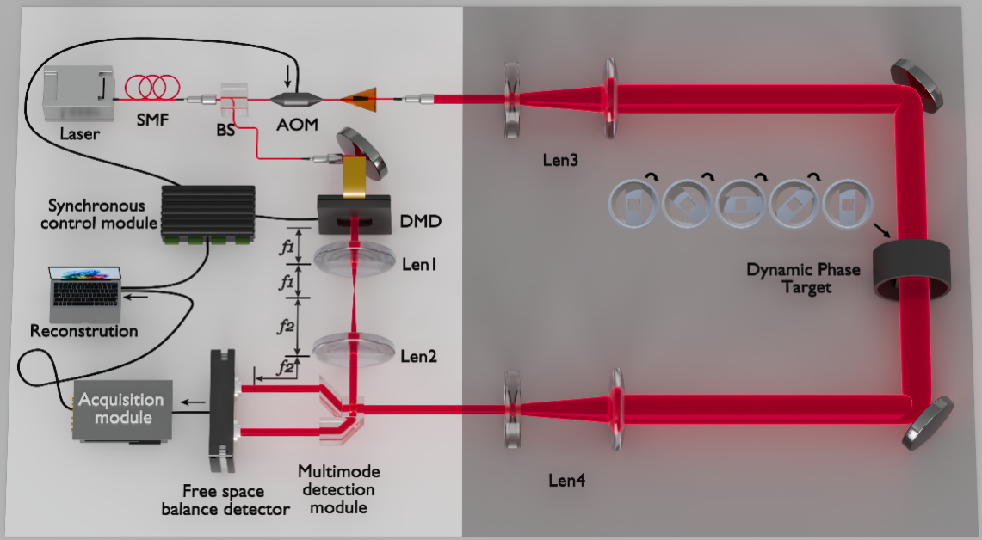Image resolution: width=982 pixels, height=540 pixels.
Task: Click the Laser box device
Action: pyautogui.click(x=78, y=95)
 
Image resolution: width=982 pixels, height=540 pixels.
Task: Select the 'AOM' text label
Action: pyautogui.click(x=297, y=125)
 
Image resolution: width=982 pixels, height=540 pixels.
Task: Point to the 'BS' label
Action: pyautogui.click(x=225, y=130)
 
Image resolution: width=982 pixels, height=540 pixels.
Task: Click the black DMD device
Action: pyautogui.click(x=355, y=215)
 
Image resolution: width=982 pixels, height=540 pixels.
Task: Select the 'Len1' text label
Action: pyautogui.click(x=419, y=265)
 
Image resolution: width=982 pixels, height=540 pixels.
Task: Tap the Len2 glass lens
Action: pyautogui.click(x=354, y=348)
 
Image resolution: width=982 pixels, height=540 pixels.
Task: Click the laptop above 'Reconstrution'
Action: pyautogui.click(x=85, y=295)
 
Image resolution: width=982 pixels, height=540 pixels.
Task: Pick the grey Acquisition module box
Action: pyautogui.click(x=122, y=410)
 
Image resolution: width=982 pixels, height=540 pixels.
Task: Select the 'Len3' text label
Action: pyautogui.click(x=560, y=160)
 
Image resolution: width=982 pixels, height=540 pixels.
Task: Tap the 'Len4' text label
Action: pyautogui.click(x=567, y=481)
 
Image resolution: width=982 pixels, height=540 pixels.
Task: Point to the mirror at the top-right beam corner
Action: pyautogui.click(x=917, y=85)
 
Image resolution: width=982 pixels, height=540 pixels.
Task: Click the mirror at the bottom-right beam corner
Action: pyautogui.click(x=927, y=422)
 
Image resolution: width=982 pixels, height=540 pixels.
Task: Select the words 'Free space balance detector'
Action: pyautogui.click(x=225, y=500)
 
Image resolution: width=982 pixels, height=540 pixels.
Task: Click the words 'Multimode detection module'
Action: pyautogui.click(x=339, y=489)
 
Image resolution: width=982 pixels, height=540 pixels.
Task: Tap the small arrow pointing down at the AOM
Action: pyautogui.click(x=287, y=77)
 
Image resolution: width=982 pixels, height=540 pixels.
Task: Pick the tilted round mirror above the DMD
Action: pyautogui.click(x=361, y=154)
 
